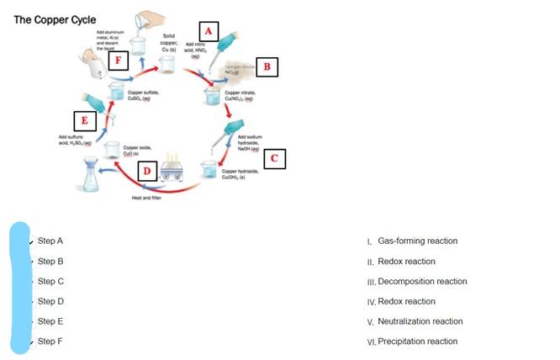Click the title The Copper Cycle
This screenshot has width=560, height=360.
click(x=55, y=19)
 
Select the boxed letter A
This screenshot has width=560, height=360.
click(x=209, y=32)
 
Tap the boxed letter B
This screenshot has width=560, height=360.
click(x=267, y=66)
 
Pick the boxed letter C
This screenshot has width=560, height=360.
click(x=275, y=157)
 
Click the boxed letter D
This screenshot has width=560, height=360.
click(x=146, y=172)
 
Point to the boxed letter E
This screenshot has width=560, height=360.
click(x=84, y=120)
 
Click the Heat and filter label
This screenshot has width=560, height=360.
click(x=146, y=198)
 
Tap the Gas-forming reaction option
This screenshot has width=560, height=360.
click(x=417, y=241)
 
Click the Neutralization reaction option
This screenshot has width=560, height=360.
click(x=420, y=321)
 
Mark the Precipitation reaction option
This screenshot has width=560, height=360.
click(x=418, y=341)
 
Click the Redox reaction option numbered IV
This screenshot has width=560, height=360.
click(x=407, y=301)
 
